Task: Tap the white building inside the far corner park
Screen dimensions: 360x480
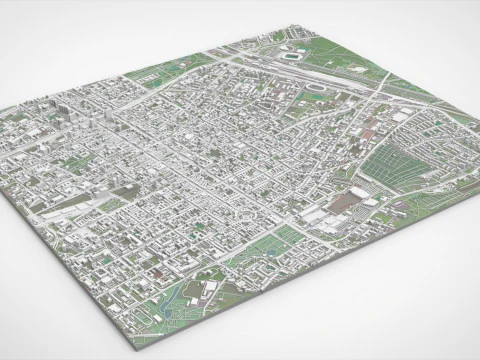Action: click(x=276, y=36)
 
